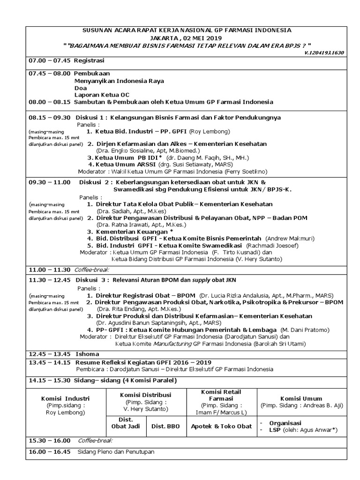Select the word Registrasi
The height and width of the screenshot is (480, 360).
(x=89, y=60)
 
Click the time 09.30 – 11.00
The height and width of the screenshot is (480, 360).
(x=49, y=182)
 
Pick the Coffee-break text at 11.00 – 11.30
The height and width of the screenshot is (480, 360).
(x=93, y=270)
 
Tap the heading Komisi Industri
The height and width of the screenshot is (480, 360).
(x=65, y=398)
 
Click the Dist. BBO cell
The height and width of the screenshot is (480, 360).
(x=166, y=426)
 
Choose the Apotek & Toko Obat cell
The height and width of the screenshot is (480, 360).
(x=221, y=426)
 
